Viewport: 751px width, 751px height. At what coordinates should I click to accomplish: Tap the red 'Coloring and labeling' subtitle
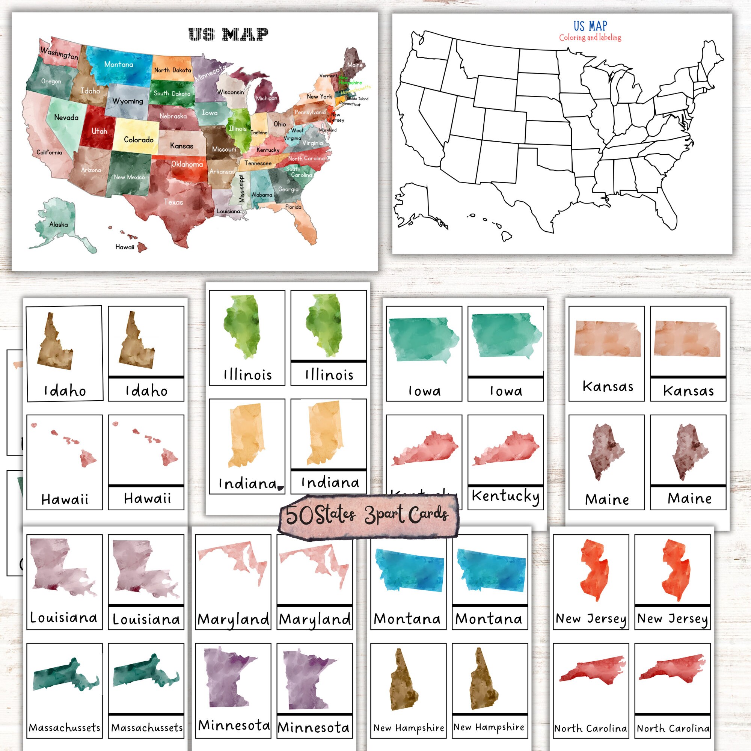[x=590, y=38]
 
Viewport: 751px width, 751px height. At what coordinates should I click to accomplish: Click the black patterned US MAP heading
[x=228, y=34]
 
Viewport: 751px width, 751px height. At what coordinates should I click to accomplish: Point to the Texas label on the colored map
[x=173, y=202]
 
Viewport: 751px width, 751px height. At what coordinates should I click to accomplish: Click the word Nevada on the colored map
[x=66, y=118]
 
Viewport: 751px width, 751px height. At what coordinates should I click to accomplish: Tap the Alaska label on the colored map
[x=58, y=224]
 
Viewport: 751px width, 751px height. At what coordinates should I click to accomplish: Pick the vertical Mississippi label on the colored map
[x=241, y=188]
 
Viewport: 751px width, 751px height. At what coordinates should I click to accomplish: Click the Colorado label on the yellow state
[x=139, y=140]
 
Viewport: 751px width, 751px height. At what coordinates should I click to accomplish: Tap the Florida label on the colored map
[x=293, y=207]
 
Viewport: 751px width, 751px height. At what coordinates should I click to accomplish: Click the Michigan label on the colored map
[x=267, y=98]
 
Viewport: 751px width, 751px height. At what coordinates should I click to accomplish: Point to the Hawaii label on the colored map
[x=125, y=247]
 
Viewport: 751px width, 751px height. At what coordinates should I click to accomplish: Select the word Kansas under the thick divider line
[x=688, y=391]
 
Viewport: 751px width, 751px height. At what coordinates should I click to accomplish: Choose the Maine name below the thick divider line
[x=689, y=498]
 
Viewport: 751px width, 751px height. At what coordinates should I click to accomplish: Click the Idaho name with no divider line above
[x=65, y=391]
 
